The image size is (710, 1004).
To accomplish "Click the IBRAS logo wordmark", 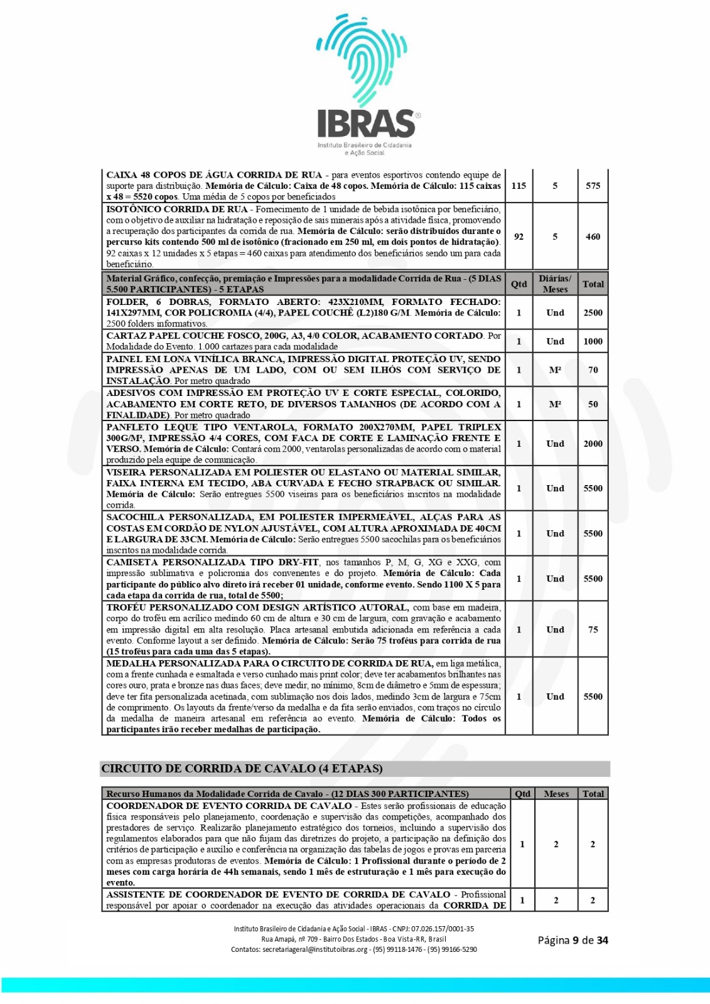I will coord(366,123).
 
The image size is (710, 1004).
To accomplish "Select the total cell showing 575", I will coord(593,186).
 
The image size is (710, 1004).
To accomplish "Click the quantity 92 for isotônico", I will coord(519,237).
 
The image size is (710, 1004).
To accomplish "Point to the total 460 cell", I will coord(593,237).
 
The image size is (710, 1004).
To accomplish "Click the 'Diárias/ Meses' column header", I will coord(555,284).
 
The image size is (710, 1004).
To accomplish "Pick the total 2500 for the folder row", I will coord(593,312).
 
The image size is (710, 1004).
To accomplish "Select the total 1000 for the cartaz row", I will coord(593,341).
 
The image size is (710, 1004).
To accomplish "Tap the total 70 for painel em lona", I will coord(593,370).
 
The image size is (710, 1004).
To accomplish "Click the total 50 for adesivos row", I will coord(593,404).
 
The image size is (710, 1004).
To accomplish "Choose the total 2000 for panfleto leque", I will coord(593,444).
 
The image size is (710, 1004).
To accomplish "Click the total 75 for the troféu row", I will coord(593,629).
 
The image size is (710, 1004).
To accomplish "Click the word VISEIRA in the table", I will coord(126,473).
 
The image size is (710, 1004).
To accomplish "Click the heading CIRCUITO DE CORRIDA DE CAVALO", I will coord(242,769).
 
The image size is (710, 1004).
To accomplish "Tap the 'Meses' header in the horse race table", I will coord(556,794).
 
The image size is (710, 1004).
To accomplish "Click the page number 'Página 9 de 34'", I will coord(573,940).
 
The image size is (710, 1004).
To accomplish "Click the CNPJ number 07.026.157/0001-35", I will coord(443,929).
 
